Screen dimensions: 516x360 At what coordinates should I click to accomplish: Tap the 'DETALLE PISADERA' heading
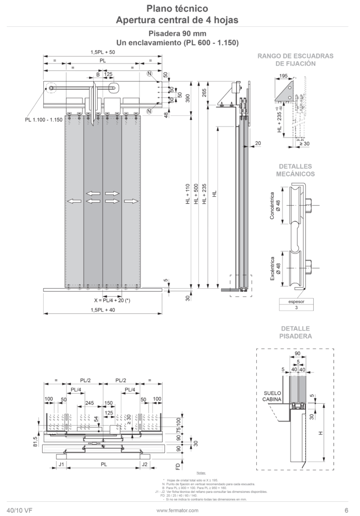pos(295,332)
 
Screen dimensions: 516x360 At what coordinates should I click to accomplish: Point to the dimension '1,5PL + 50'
pos(103,52)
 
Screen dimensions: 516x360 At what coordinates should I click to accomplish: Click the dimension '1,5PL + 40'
pos(103,310)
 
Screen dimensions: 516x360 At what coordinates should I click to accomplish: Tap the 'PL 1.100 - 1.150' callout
pos(43,120)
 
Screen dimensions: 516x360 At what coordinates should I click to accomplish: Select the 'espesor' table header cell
pos(296,301)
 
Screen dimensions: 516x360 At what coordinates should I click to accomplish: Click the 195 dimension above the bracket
pos(283,76)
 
